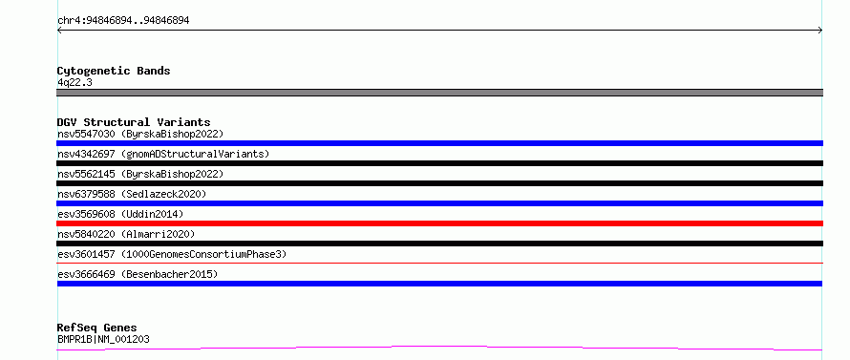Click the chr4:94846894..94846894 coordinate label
(123, 21)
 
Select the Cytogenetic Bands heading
(114, 71)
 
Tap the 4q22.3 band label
(74, 83)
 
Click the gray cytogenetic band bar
(439, 93)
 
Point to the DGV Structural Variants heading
(134, 122)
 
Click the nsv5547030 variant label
(140, 134)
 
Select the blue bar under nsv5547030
(439, 143)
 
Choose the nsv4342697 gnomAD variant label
(163, 154)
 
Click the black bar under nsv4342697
(439, 163)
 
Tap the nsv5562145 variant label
(140, 174)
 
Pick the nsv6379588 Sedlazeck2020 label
(132, 194)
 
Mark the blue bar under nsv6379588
(439, 203)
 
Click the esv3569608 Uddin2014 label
(120, 214)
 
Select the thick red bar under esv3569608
(439, 223)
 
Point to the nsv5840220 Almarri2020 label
(126, 234)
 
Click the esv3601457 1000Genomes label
(172, 254)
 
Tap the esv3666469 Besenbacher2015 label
(138, 274)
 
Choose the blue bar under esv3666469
(439, 284)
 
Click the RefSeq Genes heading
(96, 328)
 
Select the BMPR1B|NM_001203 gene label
(103, 339)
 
